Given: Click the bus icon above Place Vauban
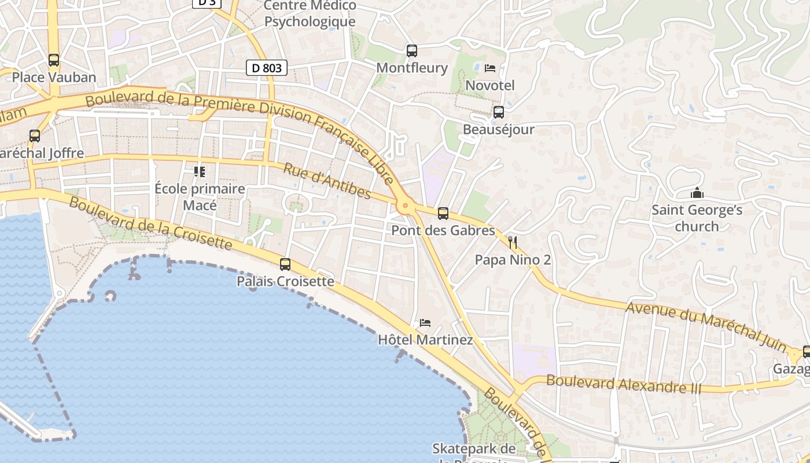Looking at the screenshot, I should (54, 60).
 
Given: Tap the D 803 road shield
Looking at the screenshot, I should (267, 68).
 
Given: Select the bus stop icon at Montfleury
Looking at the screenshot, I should (412, 50).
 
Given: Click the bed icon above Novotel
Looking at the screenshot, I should (490, 68).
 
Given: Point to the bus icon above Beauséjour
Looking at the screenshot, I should (498, 112).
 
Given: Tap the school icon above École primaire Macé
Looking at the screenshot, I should (200, 171).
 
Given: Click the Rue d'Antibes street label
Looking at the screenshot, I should (327, 181).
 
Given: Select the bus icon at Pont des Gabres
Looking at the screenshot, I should (443, 214).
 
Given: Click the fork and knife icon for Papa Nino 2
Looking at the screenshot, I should (513, 242).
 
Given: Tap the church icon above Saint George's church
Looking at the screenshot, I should (697, 193).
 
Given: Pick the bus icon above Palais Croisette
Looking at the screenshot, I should (285, 264).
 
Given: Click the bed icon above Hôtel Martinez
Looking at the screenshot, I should (425, 322).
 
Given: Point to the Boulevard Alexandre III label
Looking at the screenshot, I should (624, 384).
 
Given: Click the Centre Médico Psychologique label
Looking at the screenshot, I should (310, 13).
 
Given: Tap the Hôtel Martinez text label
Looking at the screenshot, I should (425, 340).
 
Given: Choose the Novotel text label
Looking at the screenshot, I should (490, 86).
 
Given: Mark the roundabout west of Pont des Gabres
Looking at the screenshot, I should (405, 205).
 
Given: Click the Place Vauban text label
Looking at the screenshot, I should (54, 77).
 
